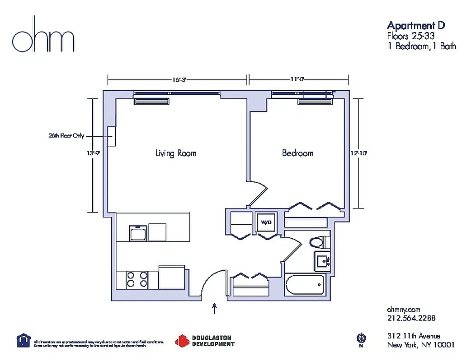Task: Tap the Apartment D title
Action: [416, 25]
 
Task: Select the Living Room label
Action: [176, 153]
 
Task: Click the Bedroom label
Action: [297, 153]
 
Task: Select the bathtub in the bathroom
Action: [305, 285]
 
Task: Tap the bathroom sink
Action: [323, 261]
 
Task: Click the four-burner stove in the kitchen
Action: [137, 279]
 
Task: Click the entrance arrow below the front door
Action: [214, 309]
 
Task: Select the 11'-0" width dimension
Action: [297, 80]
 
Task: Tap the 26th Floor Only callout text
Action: [66, 135]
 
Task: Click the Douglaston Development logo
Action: [206, 341]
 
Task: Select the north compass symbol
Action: [361, 338]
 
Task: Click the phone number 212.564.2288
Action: [411, 318]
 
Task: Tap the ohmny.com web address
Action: [404, 310]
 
